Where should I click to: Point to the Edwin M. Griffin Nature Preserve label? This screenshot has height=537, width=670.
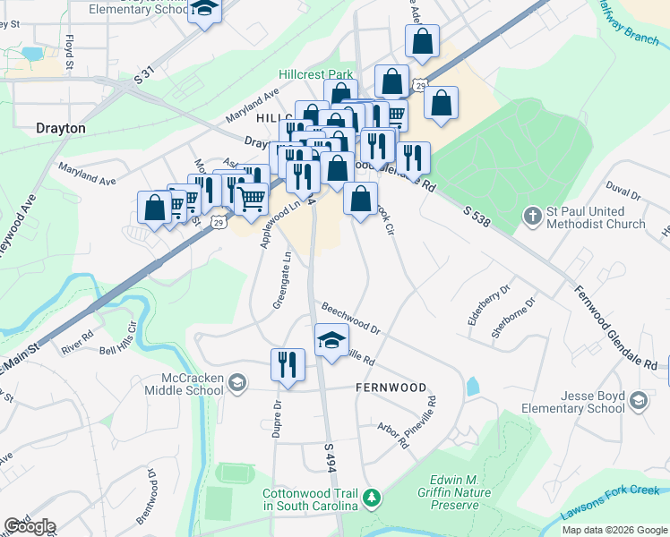pos(453,492)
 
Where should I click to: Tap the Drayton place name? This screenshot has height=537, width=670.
pos(61,128)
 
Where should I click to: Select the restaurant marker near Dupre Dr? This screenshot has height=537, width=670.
pos(288,364)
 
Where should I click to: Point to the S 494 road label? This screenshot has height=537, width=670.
pos(330,456)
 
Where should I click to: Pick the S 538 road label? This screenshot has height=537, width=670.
pos(477,216)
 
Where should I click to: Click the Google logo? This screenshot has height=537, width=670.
pos(30,526)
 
